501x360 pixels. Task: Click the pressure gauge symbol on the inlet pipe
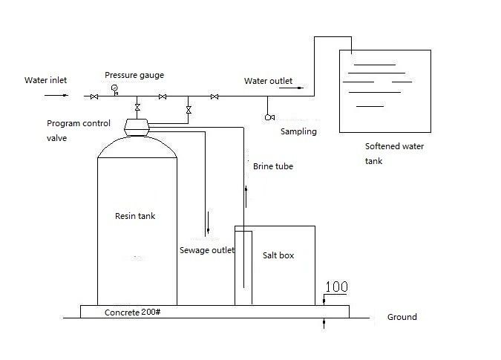115,89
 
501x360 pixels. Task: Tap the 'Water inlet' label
46,80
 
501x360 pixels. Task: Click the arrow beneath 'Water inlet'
56,95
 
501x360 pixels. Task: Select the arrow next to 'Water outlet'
291,88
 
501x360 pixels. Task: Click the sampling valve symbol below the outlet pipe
269,117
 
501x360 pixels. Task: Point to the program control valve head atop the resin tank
137,127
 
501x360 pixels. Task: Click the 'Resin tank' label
135,216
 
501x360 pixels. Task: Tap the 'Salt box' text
278,255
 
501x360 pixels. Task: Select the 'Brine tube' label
273,166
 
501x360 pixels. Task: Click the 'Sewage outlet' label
207,250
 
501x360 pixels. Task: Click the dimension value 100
336,287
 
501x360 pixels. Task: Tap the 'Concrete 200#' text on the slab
133,312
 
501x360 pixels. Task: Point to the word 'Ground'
402,317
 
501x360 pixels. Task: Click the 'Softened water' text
395,146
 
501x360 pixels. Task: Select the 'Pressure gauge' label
134,75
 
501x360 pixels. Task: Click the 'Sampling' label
298,131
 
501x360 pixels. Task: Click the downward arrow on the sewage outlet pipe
209,223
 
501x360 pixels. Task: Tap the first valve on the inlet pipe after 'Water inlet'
94,96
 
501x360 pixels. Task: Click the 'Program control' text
79,123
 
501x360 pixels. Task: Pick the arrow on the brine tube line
246,197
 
